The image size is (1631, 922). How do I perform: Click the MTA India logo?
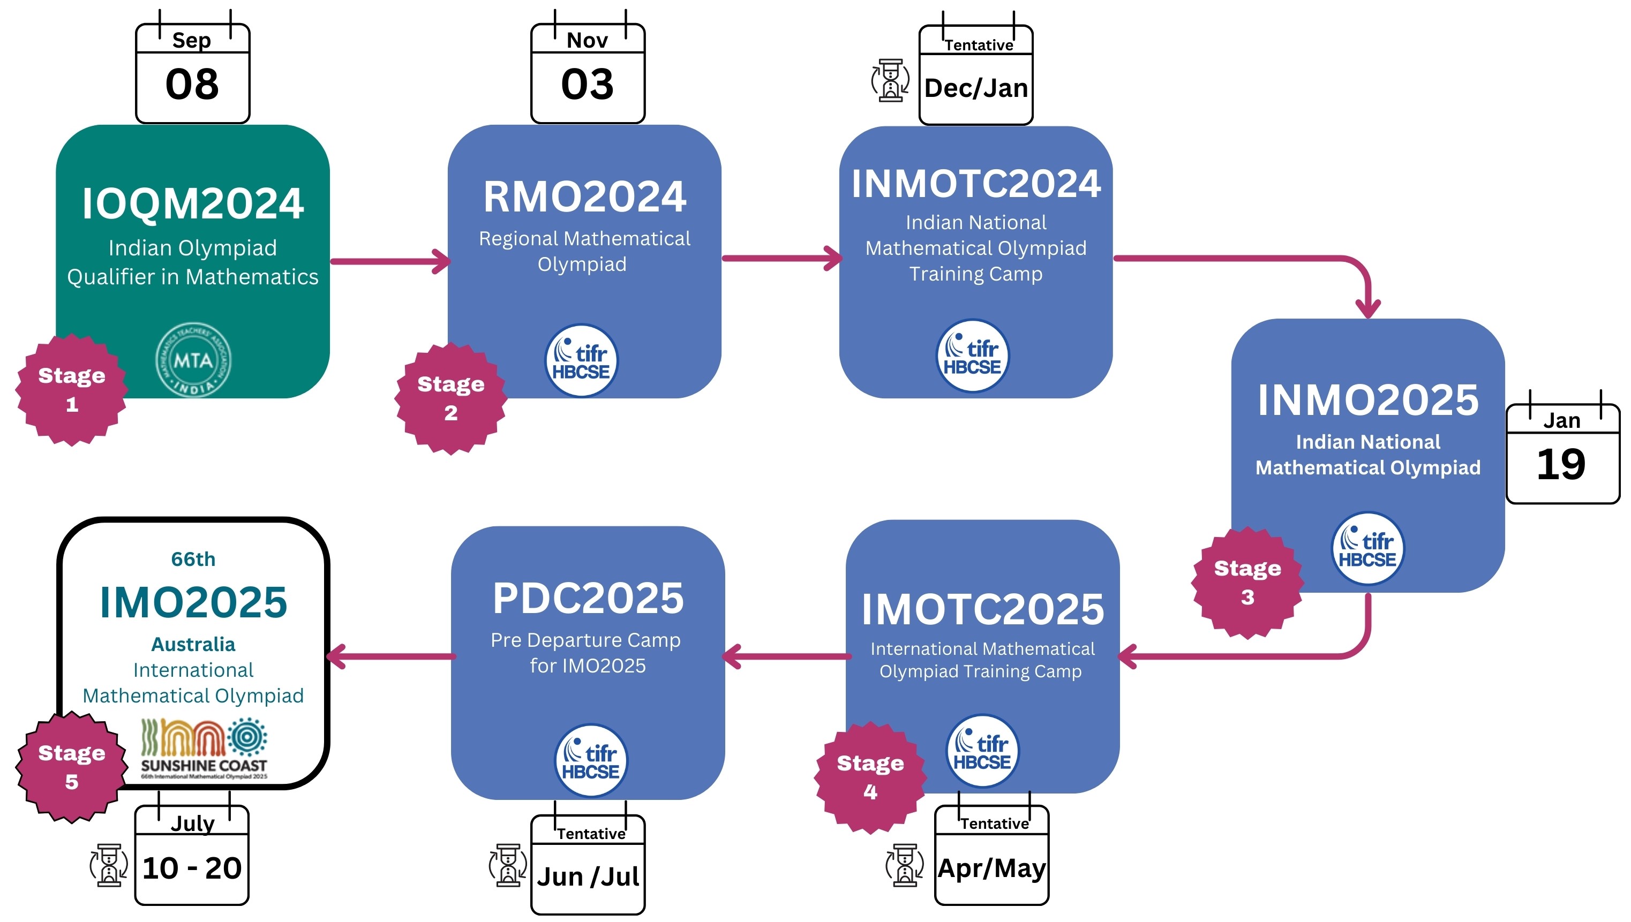tap(193, 360)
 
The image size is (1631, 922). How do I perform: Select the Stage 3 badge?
tap(1247, 583)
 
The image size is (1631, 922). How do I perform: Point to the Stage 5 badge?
tap(72, 767)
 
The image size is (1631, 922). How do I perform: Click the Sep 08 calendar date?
tap(192, 84)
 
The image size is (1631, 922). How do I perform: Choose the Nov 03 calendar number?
tap(587, 84)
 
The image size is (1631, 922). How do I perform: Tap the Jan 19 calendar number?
tap(1561, 464)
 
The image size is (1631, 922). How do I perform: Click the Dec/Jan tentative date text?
tap(976, 88)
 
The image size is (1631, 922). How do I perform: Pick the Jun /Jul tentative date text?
tap(588, 877)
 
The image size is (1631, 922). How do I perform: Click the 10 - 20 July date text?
tap(192, 868)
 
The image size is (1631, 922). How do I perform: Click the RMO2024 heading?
tap(584, 197)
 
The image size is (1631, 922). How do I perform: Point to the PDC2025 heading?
tap(588, 599)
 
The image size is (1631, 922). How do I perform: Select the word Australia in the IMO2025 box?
tap(193, 645)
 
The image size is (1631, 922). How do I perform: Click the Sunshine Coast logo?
tap(204, 749)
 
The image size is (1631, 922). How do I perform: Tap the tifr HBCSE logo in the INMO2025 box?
tap(1367, 548)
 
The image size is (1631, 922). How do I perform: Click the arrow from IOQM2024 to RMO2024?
tap(390, 261)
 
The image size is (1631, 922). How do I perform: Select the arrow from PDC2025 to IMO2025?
tap(391, 656)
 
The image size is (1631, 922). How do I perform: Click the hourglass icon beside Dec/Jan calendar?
tap(890, 80)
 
